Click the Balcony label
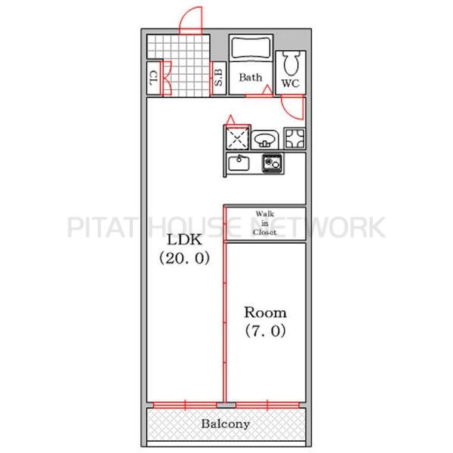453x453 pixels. coord(225,424)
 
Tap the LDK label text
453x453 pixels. coord(185,240)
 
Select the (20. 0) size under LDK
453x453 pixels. coord(185,258)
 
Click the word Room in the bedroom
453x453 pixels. coord(265,313)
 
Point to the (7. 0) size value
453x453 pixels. coord(266,331)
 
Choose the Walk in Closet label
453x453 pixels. coord(265,223)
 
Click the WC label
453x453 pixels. coord(291,83)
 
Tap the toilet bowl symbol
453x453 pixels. coord(291,64)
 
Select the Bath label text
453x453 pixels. coord(251,78)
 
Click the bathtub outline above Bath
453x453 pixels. coord(251,48)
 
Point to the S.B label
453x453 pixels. coord(219,78)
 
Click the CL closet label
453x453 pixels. coord(154,78)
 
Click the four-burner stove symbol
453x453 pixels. coord(294,138)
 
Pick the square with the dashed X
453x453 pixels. coord(237,139)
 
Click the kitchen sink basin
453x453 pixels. coord(239,164)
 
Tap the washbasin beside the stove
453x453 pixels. coord(265,140)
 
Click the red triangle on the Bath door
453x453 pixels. coord(267,90)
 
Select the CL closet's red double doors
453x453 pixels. coord(166,79)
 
